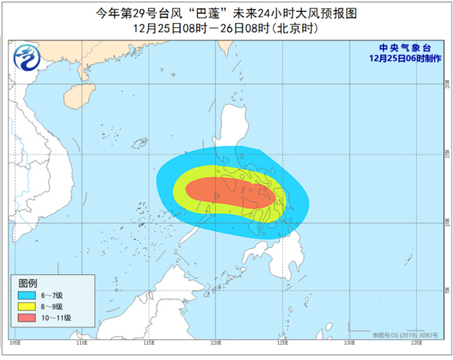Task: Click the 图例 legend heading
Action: [x=27, y=283]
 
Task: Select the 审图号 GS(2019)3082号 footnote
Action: [x=405, y=335]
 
